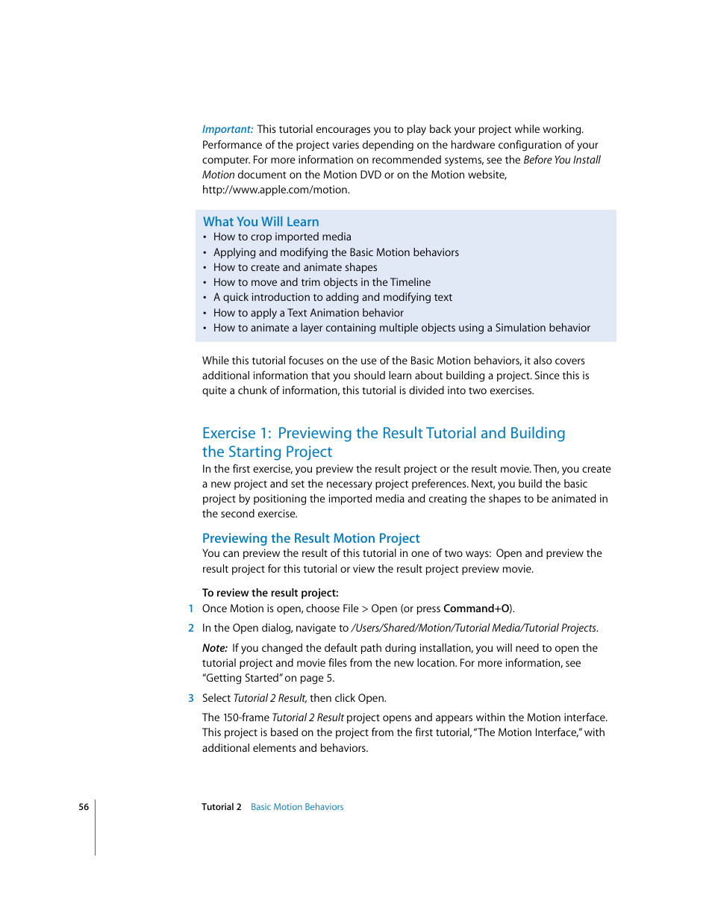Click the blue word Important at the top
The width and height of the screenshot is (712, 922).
(x=227, y=129)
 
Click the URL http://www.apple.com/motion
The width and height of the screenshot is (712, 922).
(x=275, y=190)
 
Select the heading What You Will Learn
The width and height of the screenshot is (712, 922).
(x=260, y=222)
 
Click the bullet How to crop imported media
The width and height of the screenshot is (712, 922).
(x=281, y=237)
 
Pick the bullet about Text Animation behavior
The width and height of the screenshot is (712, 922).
(x=307, y=313)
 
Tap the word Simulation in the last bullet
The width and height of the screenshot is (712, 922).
(x=521, y=328)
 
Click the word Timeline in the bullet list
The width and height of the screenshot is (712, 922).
(x=410, y=282)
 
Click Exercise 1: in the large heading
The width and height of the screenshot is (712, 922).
(x=237, y=433)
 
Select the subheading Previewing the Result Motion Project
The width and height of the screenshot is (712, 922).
(x=310, y=538)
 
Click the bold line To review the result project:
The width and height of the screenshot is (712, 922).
(x=270, y=593)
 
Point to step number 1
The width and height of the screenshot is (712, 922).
(x=191, y=608)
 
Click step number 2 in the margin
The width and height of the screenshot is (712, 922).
(x=191, y=628)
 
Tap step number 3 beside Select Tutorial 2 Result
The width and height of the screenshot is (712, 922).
(x=191, y=698)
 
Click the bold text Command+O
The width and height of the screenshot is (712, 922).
(x=476, y=608)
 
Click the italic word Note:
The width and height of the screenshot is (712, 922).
(x=215, y=648)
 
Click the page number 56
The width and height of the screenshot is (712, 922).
(x=84, y=807)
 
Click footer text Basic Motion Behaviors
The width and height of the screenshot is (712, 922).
(x=297, y=807)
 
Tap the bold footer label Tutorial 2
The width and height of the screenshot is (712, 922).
(x=221, y=807)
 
